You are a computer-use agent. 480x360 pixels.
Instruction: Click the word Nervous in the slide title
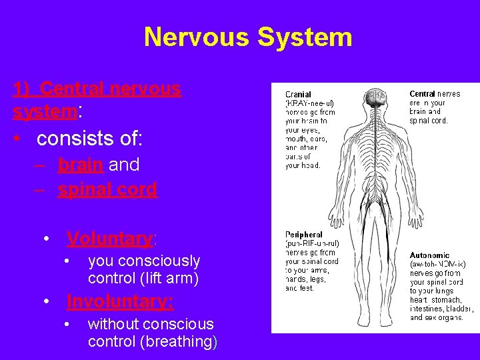point(196,37)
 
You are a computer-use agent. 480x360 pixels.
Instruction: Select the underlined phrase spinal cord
point(107,189)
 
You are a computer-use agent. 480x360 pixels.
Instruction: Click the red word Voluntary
point(110,238)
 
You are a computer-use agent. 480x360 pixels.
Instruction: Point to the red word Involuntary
point(120,301)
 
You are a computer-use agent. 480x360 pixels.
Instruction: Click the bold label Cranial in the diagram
point(298,95)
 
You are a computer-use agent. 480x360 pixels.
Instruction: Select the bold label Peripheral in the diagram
point(303,235)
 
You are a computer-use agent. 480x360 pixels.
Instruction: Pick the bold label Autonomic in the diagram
point(429,255)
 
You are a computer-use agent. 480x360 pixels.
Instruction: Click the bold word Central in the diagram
point(422,94)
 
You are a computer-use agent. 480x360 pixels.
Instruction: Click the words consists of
point(89,139)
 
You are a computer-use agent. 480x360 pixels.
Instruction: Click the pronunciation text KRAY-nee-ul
point(309,103)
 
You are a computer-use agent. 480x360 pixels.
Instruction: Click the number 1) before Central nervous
point(22,89)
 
